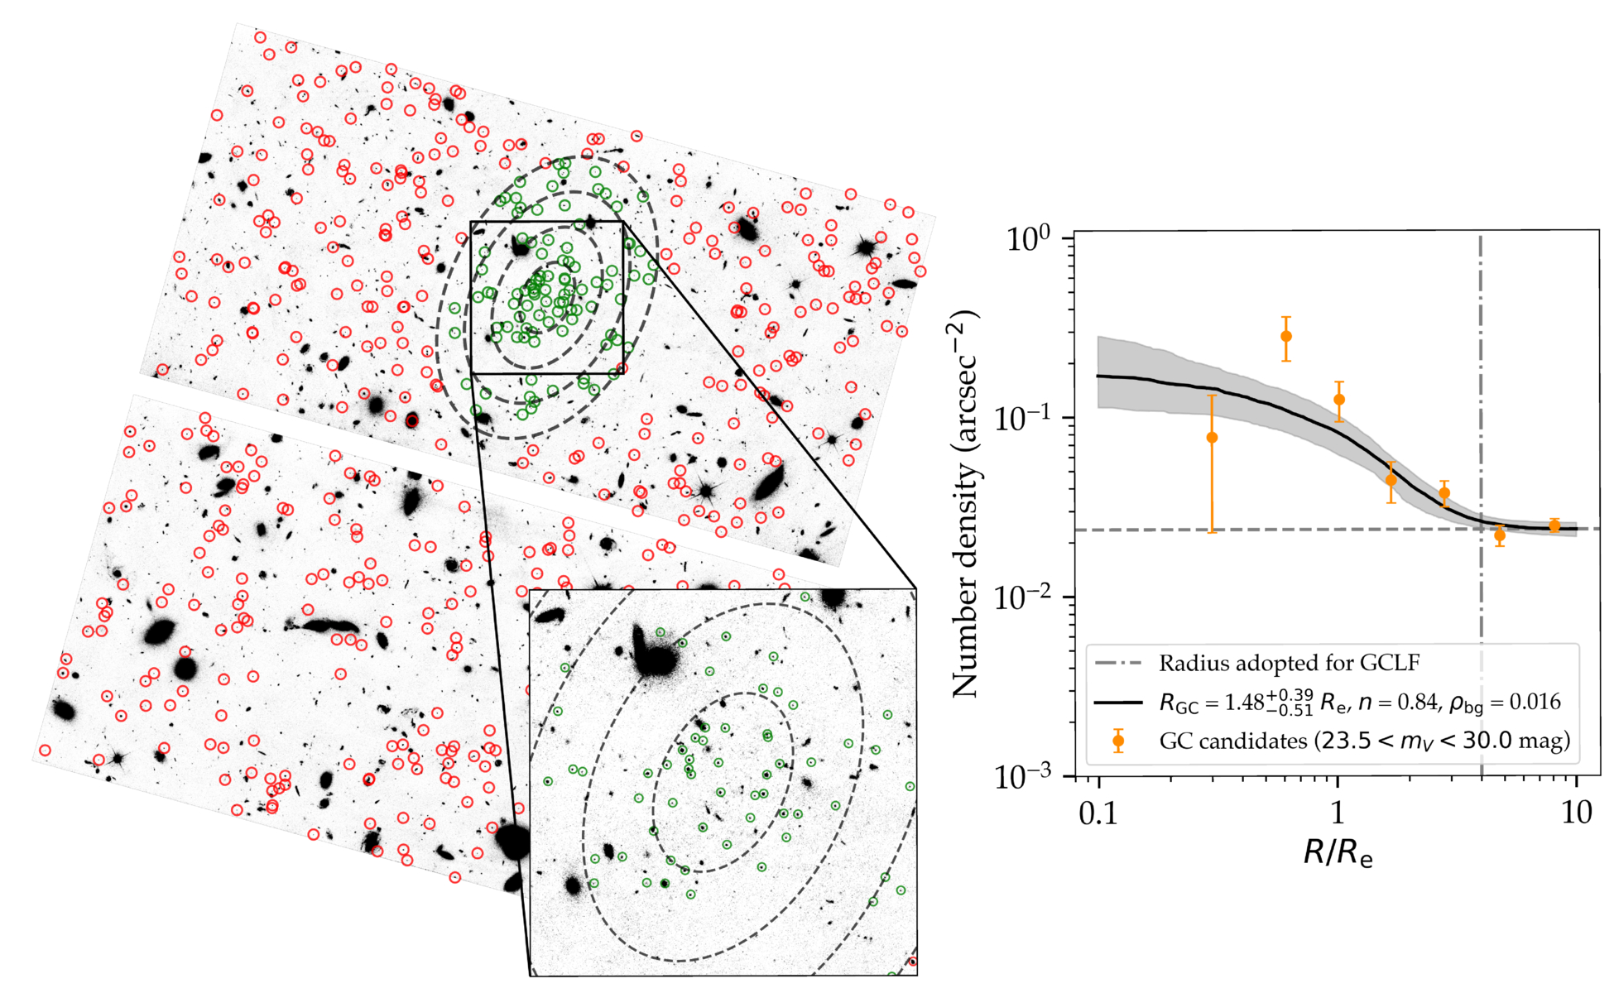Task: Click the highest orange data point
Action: tap(1286, 337)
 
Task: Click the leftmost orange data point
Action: tap(1212, 438)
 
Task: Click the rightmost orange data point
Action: tap(1554, 526)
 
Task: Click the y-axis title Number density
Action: tap(965, 503)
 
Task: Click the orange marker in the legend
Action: tap(1118, 741)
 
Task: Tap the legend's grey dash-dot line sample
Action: tap(1118, 664)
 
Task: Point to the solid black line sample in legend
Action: tap(1118, 703)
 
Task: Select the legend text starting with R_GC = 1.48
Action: tap(1360, 703)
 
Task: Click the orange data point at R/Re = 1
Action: tap(1339, 400)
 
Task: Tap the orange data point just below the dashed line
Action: tap(1500, 536)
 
